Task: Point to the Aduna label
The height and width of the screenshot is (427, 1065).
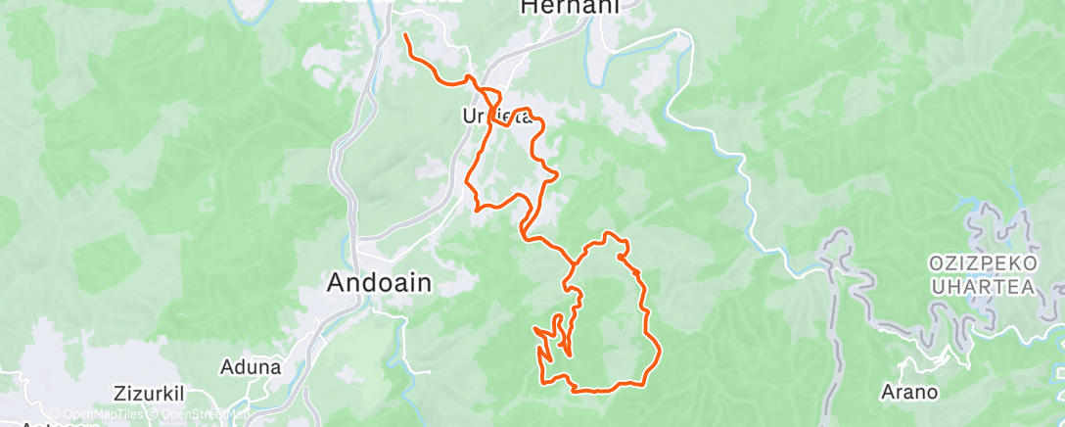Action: (x=252, y=367)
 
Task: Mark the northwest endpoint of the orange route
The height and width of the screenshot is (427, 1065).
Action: (x=405, y=36)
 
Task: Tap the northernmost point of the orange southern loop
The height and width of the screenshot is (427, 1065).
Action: (x=612, y=234)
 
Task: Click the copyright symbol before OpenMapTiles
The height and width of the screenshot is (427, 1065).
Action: (x=54, y=414)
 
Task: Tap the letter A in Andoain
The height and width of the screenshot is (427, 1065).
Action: (x=334, y=282)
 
